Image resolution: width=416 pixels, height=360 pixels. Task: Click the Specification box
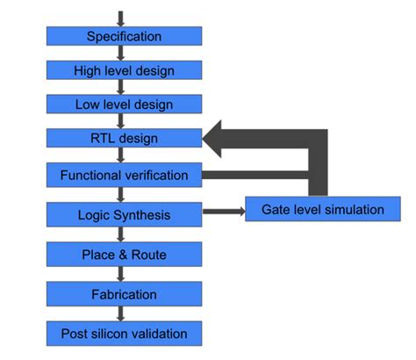[x=124, y=36]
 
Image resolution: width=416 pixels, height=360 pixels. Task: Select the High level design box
[x=124, y=70]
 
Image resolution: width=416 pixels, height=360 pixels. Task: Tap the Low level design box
[x=124, y=104]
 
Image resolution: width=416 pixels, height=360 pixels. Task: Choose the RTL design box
[x=124, y=139]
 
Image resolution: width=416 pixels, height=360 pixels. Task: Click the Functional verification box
[x=124, y=175]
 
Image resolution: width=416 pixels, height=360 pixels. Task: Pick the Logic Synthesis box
[x=124, y=214]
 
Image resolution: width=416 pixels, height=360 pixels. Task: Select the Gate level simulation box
[x=323, y=209]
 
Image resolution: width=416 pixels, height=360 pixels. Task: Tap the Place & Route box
[x=124, y=255]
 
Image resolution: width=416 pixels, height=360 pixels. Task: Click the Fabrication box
[x=124, y=294]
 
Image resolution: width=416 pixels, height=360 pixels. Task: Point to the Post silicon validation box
[x=124, y=334]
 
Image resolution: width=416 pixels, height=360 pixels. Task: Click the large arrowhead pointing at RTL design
[x=223, y=139]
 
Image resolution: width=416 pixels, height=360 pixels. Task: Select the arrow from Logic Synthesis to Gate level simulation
[x=224, y=211]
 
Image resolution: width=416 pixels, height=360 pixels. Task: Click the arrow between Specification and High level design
[x=121, y=53]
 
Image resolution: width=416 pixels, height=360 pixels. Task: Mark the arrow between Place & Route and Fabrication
[x=121, y=274]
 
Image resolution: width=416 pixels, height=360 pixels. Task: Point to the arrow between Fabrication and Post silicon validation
[x=121, y=313]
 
